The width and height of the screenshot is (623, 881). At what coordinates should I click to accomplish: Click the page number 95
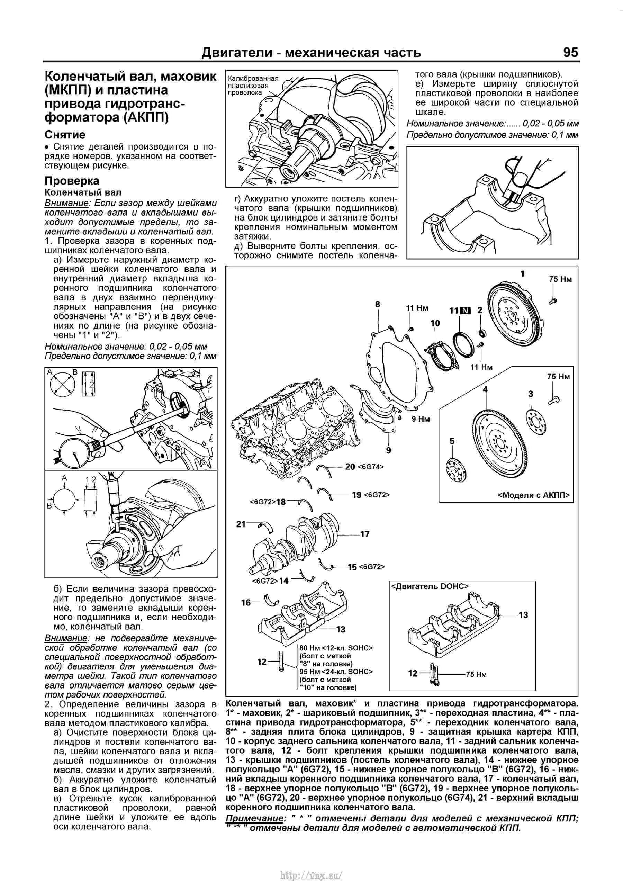[570, 52]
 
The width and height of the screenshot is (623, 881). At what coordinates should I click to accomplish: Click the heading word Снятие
[65, 135]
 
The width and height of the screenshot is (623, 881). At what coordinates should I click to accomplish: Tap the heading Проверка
[72, 181]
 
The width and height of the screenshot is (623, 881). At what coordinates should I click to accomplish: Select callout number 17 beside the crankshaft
[364, 534]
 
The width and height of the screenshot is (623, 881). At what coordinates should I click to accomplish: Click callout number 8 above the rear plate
[378, 304]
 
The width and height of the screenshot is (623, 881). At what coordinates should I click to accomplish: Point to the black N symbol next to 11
[465, 311]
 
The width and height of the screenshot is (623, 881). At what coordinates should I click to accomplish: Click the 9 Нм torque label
[421, 419]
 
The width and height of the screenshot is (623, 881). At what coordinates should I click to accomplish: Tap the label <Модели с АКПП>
[534, 495]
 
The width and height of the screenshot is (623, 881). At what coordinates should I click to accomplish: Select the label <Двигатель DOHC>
[430, 586]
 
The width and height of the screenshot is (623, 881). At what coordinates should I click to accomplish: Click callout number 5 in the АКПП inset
[452, 441]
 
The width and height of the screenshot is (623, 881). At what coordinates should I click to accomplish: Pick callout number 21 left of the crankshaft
[241, 524]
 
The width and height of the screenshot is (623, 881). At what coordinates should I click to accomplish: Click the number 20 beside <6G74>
[350, 467]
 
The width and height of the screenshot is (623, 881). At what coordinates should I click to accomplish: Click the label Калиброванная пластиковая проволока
[252, 86]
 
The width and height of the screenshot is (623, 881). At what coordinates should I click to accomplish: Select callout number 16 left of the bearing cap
[246, 602]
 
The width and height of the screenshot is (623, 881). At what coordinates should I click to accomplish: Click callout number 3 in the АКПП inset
[531, 394]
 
